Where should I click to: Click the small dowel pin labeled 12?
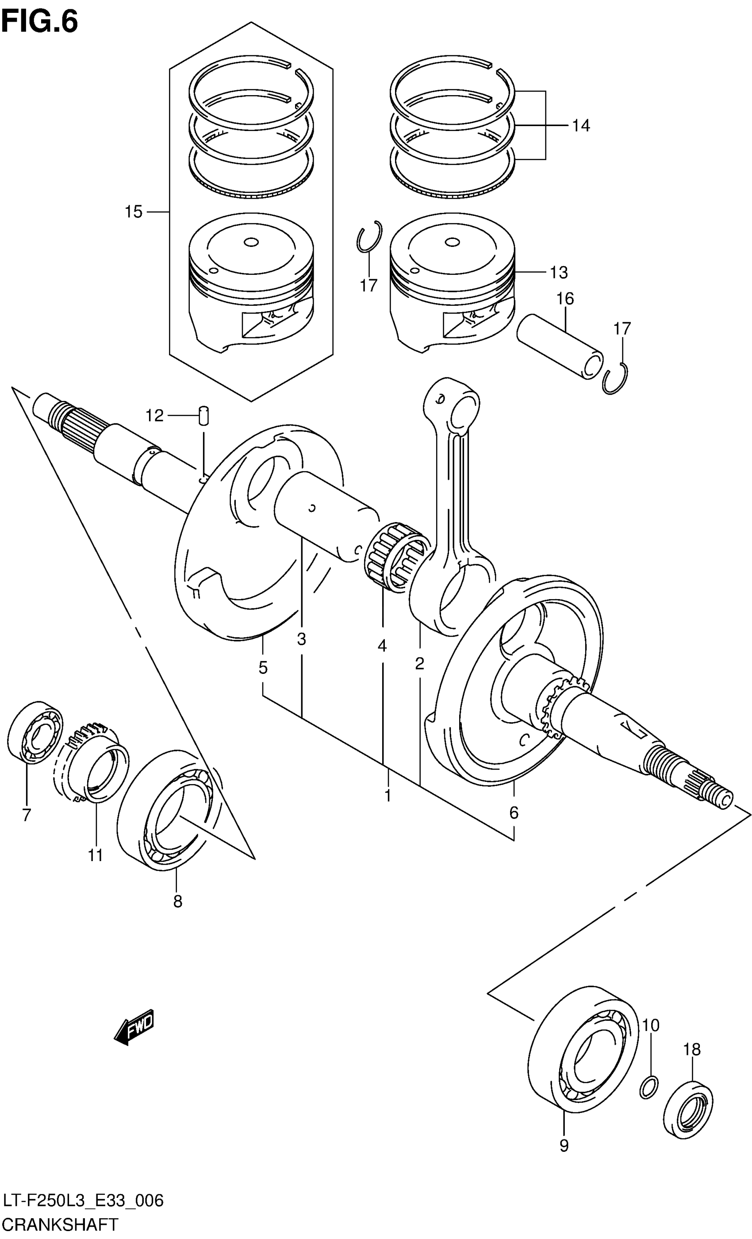204,416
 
